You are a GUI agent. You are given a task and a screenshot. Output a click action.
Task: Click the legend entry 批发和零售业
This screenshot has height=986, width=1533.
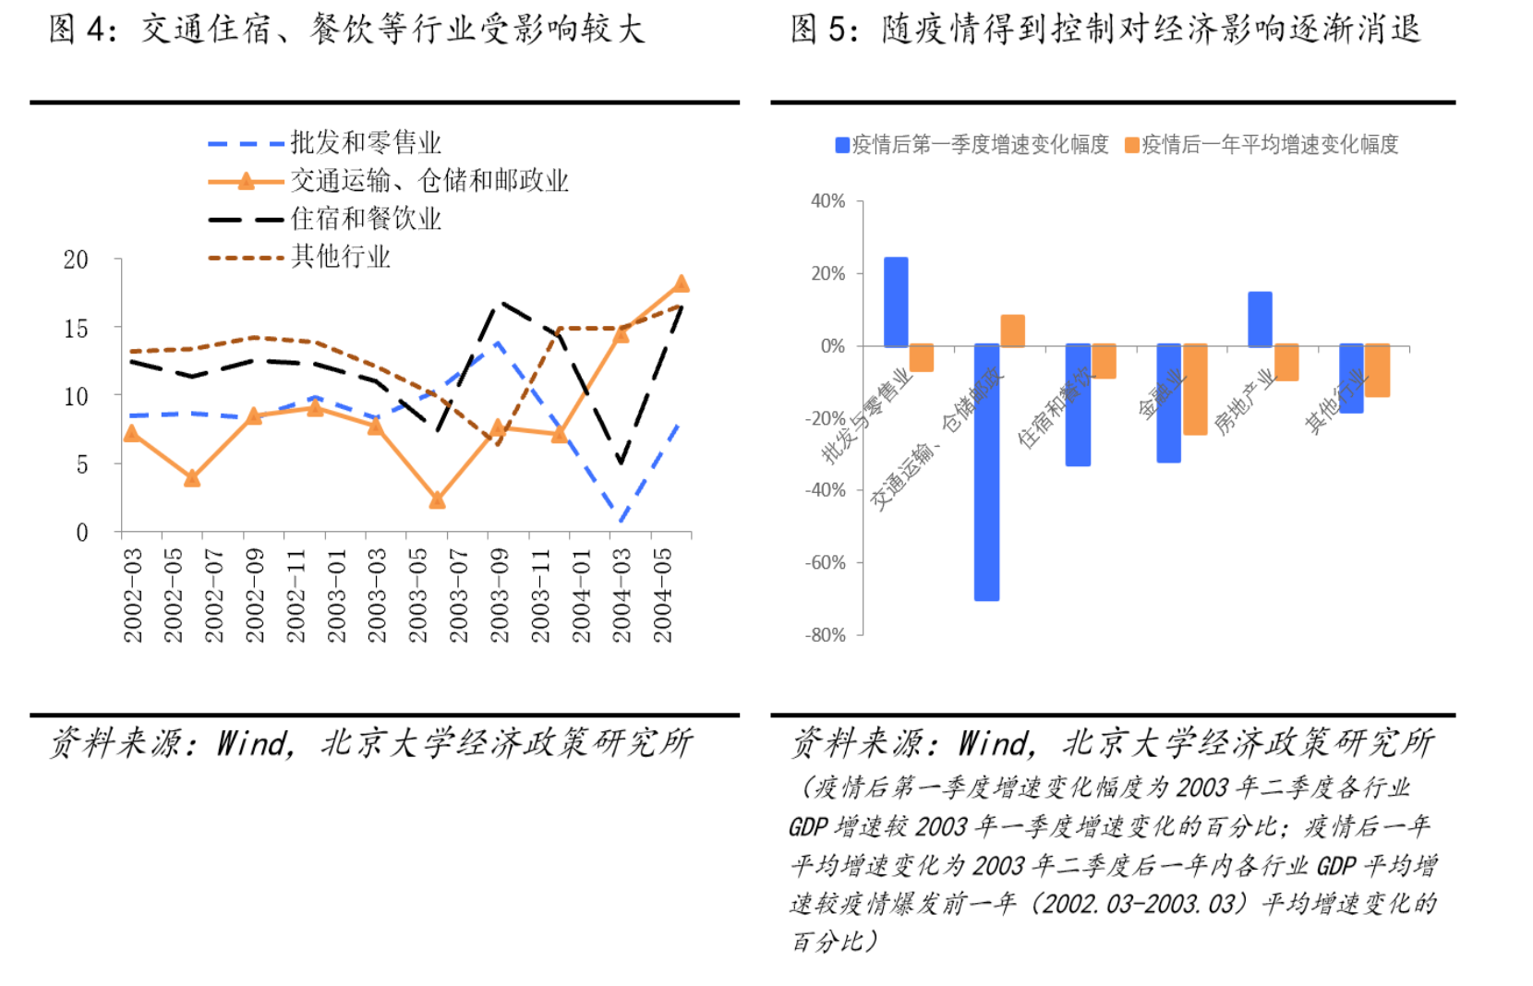[x=366, y=143]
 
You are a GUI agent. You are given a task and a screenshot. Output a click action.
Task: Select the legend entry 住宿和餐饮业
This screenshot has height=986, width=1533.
[x=366, y=219]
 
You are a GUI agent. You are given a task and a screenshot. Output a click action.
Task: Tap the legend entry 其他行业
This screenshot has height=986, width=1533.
[x=341, y=257]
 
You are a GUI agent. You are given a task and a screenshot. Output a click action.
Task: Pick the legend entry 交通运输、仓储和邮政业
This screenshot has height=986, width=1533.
[x=429, y=181]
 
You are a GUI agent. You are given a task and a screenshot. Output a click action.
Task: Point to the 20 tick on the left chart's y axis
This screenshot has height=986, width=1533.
[x=76, y=260]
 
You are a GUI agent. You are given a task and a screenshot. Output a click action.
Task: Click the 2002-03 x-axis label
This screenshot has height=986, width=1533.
[x=134, y=595]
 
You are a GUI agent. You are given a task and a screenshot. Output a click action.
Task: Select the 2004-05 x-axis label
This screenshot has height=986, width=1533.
[x=663, y=595]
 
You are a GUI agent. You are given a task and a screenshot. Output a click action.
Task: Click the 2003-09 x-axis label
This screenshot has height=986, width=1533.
[x=500, y=595]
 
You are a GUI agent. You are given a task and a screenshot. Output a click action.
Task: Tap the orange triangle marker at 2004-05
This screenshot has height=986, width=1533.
[x=682, y=284]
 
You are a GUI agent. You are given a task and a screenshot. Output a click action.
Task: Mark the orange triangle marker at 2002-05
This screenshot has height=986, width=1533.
[x=192, y=478]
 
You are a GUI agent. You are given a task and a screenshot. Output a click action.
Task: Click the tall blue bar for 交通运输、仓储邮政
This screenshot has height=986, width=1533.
[x=986, y=473]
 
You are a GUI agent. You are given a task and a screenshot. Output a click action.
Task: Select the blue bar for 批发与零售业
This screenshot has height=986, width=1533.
[x=896, y=302]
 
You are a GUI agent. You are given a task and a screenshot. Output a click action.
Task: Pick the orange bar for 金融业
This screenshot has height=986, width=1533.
[x=1195, y=390]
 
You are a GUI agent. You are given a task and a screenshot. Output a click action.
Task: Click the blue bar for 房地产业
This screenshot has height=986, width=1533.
[x=1260, y=319]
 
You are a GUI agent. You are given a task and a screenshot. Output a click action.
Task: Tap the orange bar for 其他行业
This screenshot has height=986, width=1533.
[x=1378, y=371]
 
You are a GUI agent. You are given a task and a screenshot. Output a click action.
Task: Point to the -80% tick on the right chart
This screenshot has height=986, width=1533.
[x=826, y=635]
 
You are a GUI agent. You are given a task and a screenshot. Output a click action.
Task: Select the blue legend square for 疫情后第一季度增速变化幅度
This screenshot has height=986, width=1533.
[x=842, y=145]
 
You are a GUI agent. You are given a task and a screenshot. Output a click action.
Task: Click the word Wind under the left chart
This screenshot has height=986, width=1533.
[x=254, y=743]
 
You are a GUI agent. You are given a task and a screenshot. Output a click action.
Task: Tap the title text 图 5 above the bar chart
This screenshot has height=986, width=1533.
[x=818, y=30]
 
